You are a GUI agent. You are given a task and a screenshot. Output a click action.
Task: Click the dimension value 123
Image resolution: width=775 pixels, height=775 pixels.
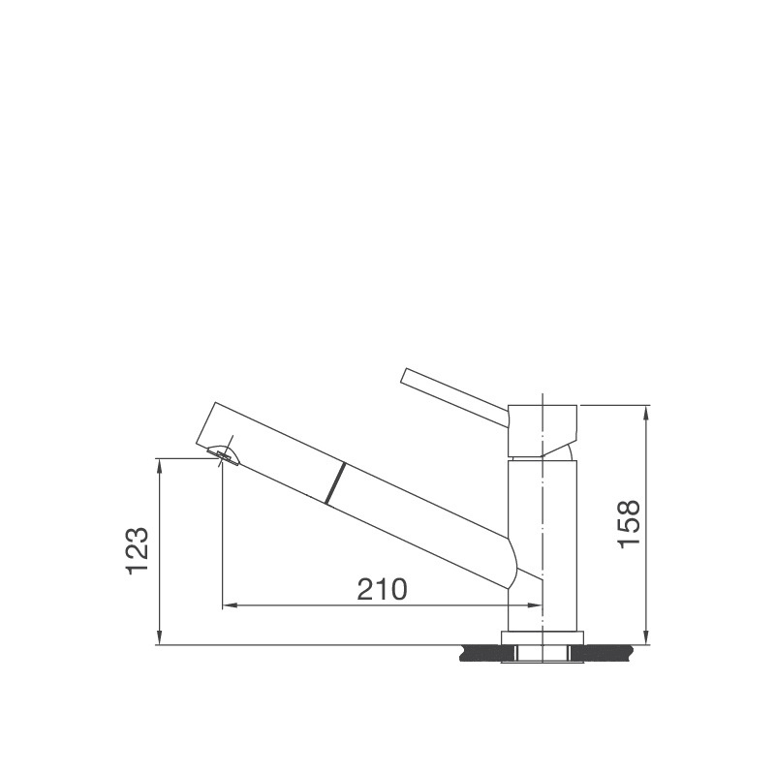[x=137, y=550]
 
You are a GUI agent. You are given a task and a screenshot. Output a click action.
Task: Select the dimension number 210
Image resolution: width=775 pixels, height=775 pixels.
[x=382, y=589]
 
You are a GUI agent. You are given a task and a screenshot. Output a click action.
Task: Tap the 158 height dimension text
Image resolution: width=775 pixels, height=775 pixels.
[x=629, y=524]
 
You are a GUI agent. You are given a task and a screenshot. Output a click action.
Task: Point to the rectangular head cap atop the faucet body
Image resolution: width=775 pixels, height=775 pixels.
[x=542, y=429]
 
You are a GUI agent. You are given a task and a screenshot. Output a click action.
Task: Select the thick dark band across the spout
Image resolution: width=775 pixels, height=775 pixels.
[x=333, y=483]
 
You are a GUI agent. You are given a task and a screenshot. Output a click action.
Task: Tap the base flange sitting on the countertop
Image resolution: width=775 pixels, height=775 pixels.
[x=542, y=636]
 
